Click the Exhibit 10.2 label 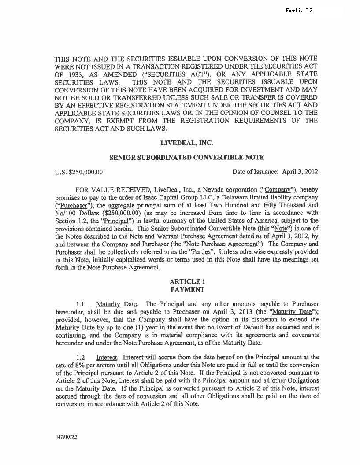(x=299, y=10)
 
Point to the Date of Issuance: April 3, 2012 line (x=275, y=172)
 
